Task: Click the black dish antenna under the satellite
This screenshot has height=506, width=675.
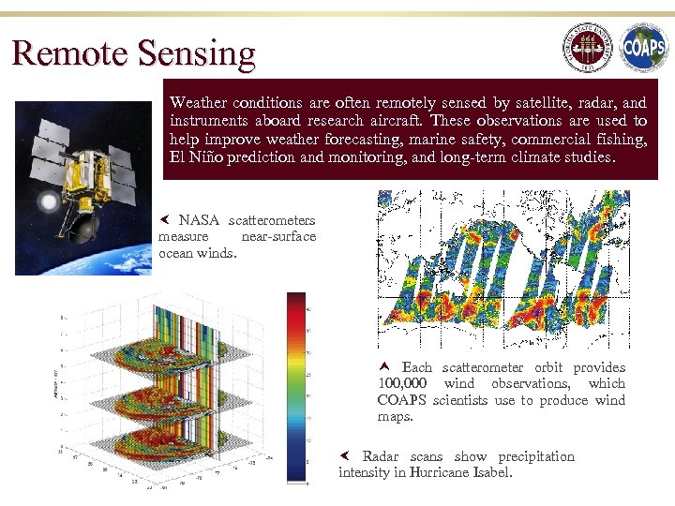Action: [x=82, y=225]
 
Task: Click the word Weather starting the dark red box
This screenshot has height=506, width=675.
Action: [x=198, y=103]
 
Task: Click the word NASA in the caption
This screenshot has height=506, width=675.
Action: [x=199, y=220]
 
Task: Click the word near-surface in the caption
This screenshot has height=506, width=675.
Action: [x=278, y=236]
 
